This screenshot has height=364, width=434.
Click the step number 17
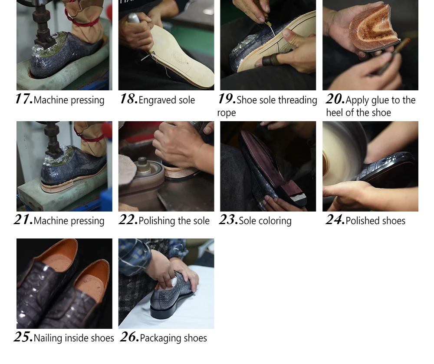(24, 99)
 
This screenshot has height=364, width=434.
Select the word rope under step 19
(227, 113)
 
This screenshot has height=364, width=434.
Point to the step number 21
(23, 220)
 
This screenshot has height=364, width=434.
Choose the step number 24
(335, 220)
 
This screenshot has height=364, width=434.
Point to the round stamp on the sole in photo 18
(180, 57)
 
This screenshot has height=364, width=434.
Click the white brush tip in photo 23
(299, 198)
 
